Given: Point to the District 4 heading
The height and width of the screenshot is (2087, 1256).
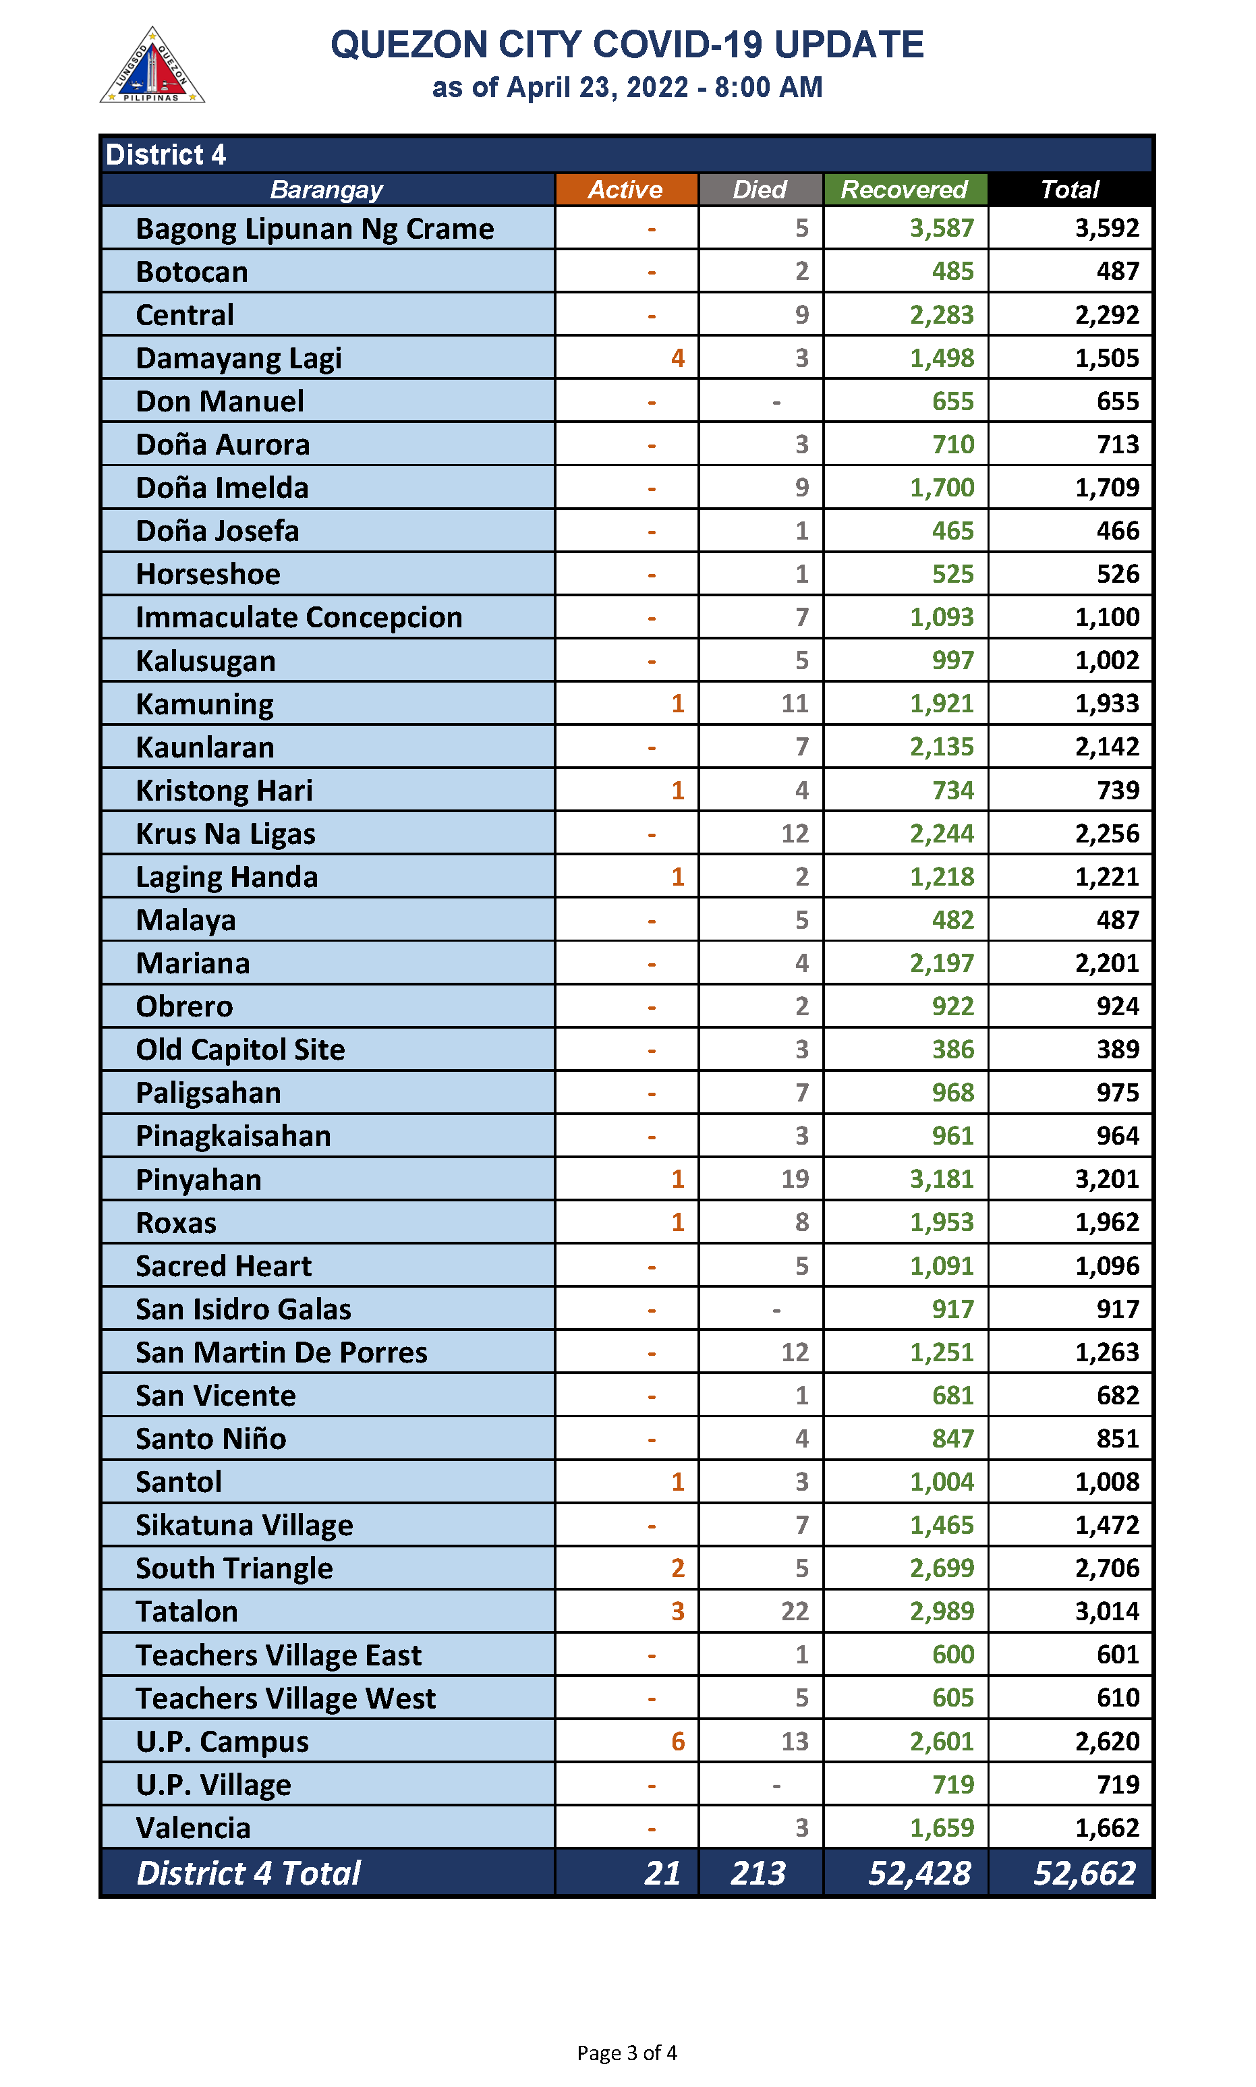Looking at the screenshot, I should pos(166,155).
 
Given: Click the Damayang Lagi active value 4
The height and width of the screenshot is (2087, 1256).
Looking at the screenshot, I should pos(677,358).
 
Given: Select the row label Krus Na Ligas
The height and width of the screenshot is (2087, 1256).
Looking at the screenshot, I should pos(225,834).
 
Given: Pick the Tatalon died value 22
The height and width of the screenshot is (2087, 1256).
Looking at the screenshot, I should pos(794,1611).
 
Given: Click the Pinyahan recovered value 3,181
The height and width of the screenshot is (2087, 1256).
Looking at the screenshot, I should pos(941,1179).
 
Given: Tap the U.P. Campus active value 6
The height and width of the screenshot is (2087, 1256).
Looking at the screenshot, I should pos(677,1741).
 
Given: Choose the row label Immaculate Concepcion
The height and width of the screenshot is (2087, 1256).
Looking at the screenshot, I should pos(299,617).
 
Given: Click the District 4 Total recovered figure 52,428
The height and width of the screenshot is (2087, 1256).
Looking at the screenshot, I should pos(919,1873).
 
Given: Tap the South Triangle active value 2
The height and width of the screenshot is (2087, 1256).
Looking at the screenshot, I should pos(677,1568).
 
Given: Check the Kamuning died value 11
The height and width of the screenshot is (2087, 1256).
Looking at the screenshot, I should pos(794,704).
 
